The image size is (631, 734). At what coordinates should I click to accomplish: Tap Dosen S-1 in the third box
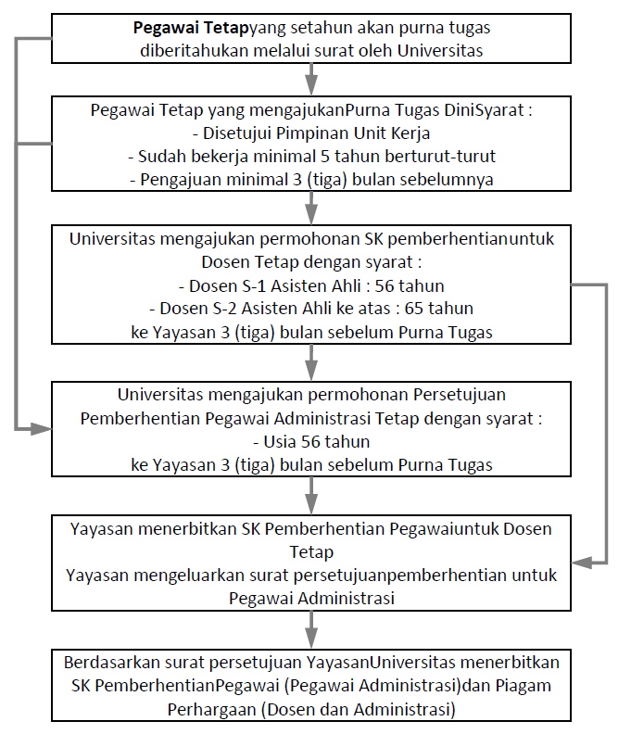(229, 285)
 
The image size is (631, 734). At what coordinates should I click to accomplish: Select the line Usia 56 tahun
(310, 441)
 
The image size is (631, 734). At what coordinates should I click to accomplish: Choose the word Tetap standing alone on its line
(310, 552)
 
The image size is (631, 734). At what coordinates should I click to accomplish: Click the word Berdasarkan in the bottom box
(111, 664)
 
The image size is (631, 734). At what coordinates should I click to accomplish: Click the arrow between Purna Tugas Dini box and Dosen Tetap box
(310, 205)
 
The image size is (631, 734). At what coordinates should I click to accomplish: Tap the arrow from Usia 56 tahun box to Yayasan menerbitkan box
(310, 492)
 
